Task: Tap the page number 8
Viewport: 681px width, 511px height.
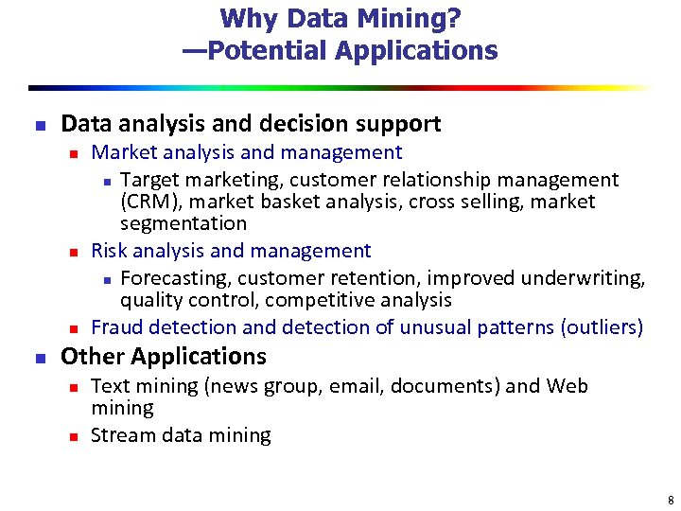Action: pos(670,500)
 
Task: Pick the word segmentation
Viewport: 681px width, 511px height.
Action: pos(183,223)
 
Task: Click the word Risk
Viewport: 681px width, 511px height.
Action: pos(109,251)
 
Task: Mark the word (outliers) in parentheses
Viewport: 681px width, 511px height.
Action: pos(602,327)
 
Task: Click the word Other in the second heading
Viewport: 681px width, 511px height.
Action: pos(93,357)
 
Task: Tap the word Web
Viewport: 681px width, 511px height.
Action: pos(567,386)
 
